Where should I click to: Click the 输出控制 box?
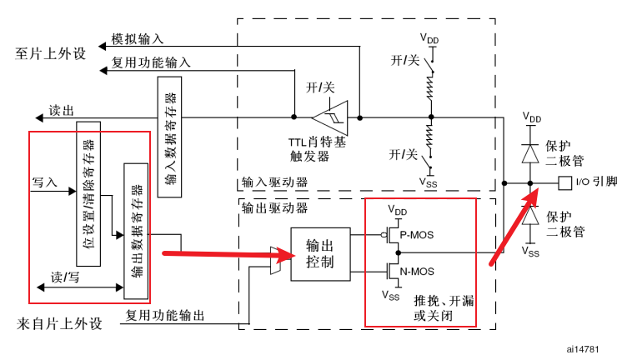click(x=319, y=254)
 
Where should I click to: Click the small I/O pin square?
click(x=564, y=182)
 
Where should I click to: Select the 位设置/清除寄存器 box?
click(x=88, y=193)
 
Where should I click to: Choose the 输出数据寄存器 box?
click(x=135, y=230)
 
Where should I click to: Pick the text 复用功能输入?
click(x=151, y=62)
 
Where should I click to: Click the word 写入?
click(x=44, y=181)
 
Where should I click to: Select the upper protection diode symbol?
click(x=529, y=152)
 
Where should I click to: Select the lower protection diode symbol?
click(x=529, y=216)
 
